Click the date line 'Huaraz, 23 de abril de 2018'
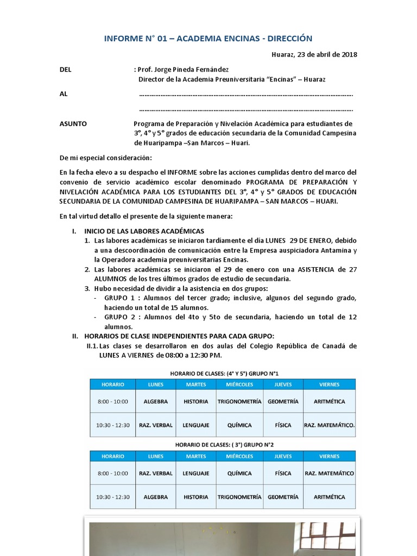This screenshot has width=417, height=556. [314, 54]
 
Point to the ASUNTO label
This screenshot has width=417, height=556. [73, 124]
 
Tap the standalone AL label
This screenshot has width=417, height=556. [64, 94]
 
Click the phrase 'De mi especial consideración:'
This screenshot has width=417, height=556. [106, 158]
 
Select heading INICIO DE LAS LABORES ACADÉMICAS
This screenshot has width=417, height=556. [144, 231]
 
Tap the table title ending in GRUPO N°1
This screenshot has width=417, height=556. [224, 374]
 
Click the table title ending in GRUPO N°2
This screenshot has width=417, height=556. [224, 445]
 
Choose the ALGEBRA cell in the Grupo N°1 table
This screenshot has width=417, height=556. [155, 402]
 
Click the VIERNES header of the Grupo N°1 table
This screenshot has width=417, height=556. [329, 384]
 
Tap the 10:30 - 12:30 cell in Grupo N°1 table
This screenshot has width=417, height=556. [113, 425]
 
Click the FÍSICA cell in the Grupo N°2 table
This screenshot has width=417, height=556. [283, 473]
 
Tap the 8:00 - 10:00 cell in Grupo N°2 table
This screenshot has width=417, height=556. [113, 473]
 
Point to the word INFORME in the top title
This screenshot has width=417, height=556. [123, 38]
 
